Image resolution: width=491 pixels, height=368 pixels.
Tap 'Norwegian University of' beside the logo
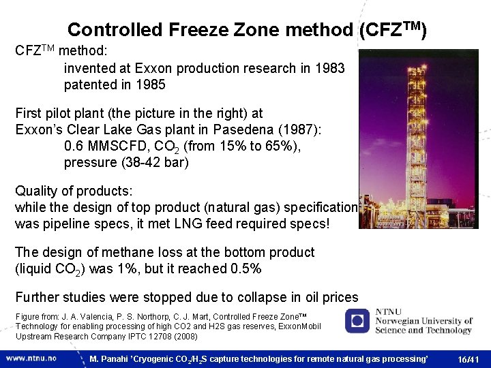(422, 321)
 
